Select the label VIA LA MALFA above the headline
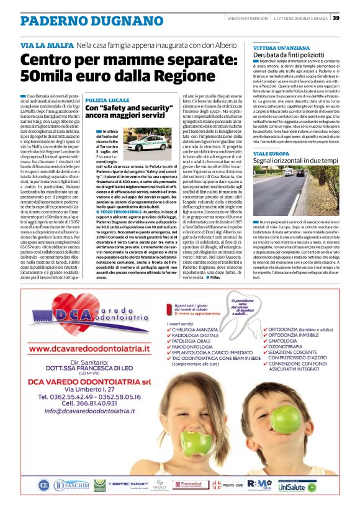coord(47,46)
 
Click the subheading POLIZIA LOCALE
coord(108,100)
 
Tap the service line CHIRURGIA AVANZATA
coord(197,331)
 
